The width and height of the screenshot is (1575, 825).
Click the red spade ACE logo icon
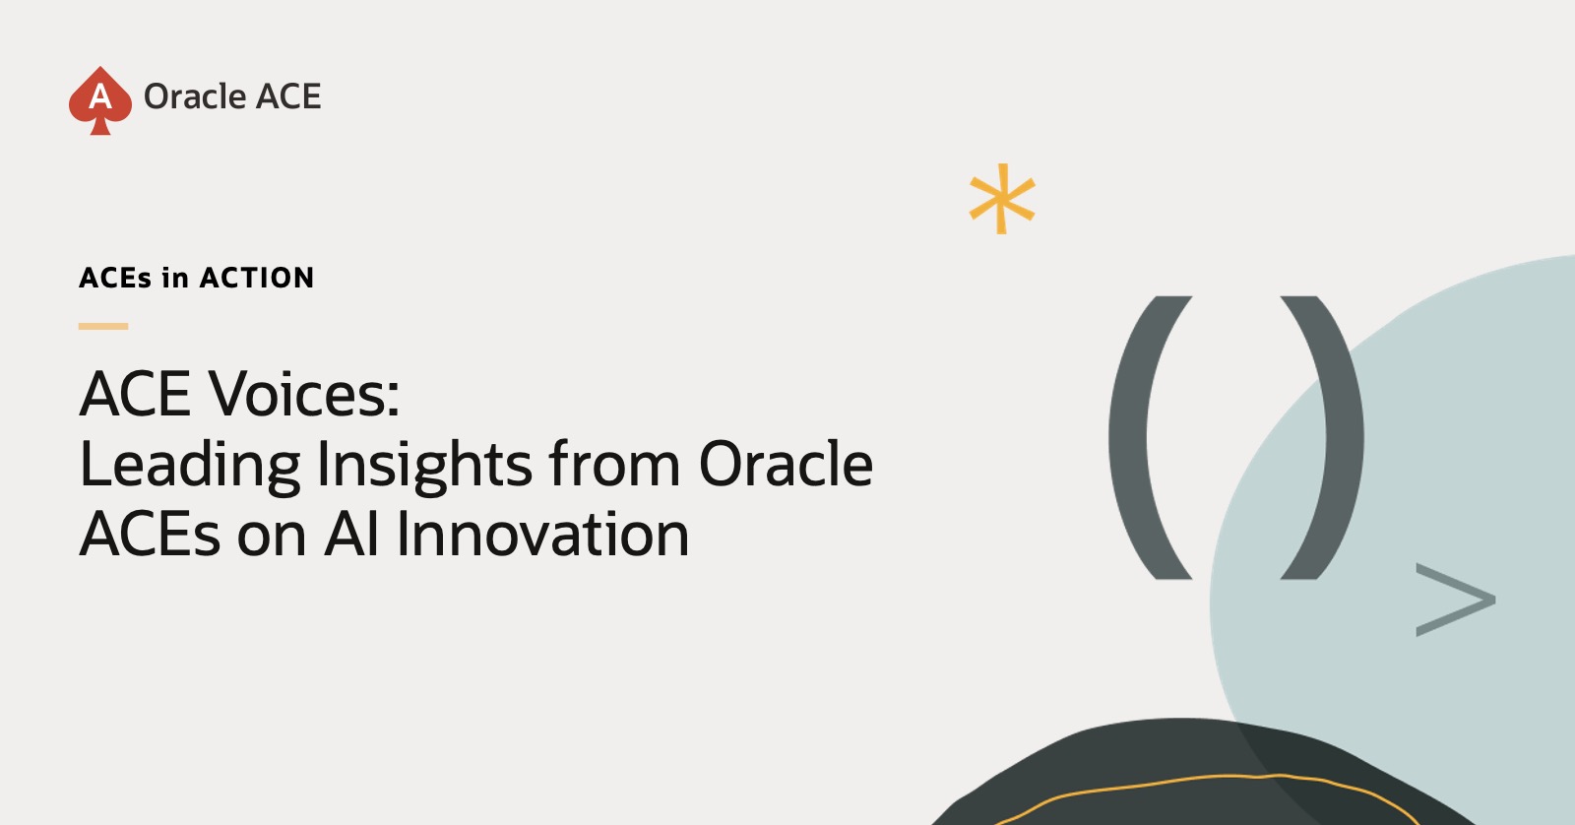99,100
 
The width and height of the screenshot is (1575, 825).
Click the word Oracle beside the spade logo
194,96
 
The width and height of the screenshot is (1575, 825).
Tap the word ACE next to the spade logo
288,96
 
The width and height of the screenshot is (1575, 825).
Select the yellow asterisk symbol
1002,199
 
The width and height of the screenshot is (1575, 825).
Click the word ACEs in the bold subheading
114,278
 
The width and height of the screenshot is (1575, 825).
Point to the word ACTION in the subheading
257,278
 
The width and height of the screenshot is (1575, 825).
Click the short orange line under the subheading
103,326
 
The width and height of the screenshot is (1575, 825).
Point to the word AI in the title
351,534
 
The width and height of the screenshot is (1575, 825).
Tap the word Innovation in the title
542,534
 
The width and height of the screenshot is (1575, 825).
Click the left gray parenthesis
1150,438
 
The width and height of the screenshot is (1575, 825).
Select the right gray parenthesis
1323,438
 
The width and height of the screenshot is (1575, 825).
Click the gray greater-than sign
1456,600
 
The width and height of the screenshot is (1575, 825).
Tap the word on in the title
272,539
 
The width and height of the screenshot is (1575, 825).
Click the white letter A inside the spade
100,95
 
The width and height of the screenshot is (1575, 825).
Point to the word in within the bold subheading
175,278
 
